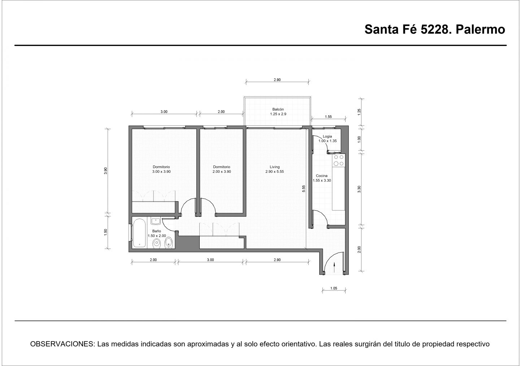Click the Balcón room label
(278, 109)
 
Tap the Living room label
(274, 167)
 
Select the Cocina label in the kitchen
(321, 176)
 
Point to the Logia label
(327, 136)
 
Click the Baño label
(156, 231)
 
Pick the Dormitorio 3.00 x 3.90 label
(161, 169)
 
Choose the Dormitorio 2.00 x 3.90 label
(222, 169)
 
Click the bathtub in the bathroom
(139, 233)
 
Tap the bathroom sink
(156, 221)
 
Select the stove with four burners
(339, 160)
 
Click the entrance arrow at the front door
(334, 267)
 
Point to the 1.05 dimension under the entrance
(334, 288)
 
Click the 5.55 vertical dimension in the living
(304, 189)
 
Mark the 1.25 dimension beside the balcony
(359, 112)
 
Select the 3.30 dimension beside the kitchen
(359, 189)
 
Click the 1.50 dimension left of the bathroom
(105, 232)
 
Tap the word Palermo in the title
(480, 30)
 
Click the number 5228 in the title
(436, 30)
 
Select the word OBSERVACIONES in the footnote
(62, 344)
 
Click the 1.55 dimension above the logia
(328, 117)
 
